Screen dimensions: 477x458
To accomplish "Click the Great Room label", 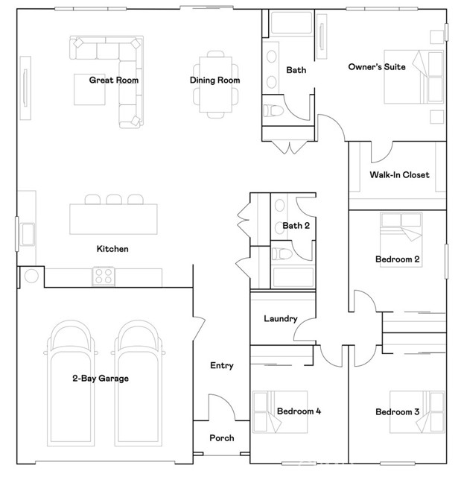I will pyautogui.click(x=114, y=80).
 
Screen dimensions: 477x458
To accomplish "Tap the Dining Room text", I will pyautogui.click(x=214, y=80).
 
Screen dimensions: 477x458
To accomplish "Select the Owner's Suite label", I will pyautogui.click(x=377, y=67).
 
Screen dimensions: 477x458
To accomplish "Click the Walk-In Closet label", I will pyautogui.click(x=399, y=175).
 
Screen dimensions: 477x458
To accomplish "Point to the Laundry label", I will pyautogui.click(x=281, y=319).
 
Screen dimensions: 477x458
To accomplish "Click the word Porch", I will pyautogui.click(x=221, y=438).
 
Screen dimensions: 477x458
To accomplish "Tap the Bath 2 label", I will pyautogui.click(x=296, y=226).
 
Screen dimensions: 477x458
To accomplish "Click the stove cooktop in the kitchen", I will pyautogui.click(x=104, y=277).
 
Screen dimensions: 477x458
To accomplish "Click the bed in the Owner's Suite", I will pyautogui.click(x=407, y=80).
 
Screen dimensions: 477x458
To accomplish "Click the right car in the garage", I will pyautogui.click(x=139, y=380).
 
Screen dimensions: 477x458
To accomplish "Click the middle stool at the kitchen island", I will pyautogui.click(x=114, y=200).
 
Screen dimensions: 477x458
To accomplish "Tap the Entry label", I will pyautogui.click(x=221, y=365).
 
